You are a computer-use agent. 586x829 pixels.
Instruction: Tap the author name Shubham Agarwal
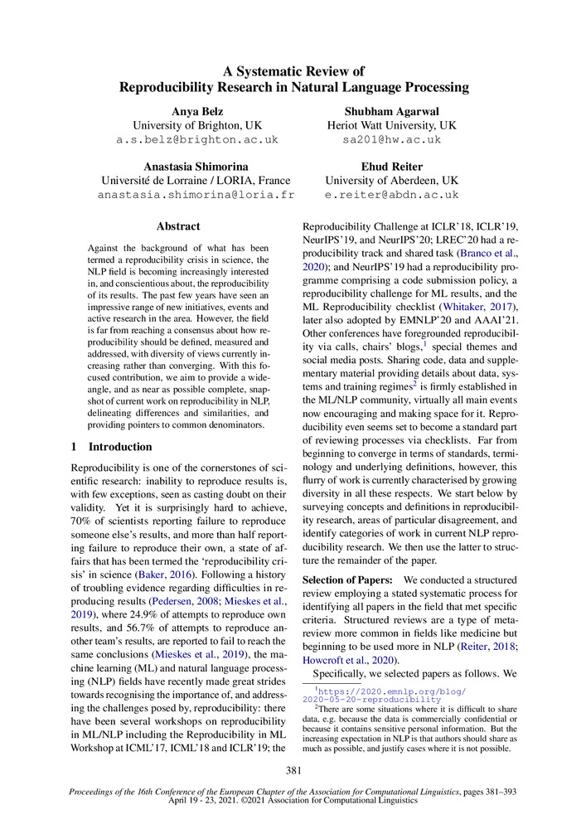(x=391, y=110)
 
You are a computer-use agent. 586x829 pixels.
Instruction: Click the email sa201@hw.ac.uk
(x=391, y=140)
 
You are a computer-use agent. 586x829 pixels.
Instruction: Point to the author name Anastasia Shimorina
(x=196, y=165)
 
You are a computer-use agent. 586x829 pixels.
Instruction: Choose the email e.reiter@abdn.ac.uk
(x=391, y=195)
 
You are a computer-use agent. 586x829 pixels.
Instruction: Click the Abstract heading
(x=178, y=225)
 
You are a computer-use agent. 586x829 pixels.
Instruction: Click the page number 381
(x=293, y=771)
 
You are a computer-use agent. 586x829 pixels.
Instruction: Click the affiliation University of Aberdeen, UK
(x=391, y=180)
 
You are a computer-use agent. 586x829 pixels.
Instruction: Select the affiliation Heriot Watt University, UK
(x=391, y=125)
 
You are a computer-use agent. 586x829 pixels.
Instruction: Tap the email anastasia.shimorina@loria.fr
(x=196, y=195)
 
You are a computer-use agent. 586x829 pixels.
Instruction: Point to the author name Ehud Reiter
(x=391, y=165)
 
